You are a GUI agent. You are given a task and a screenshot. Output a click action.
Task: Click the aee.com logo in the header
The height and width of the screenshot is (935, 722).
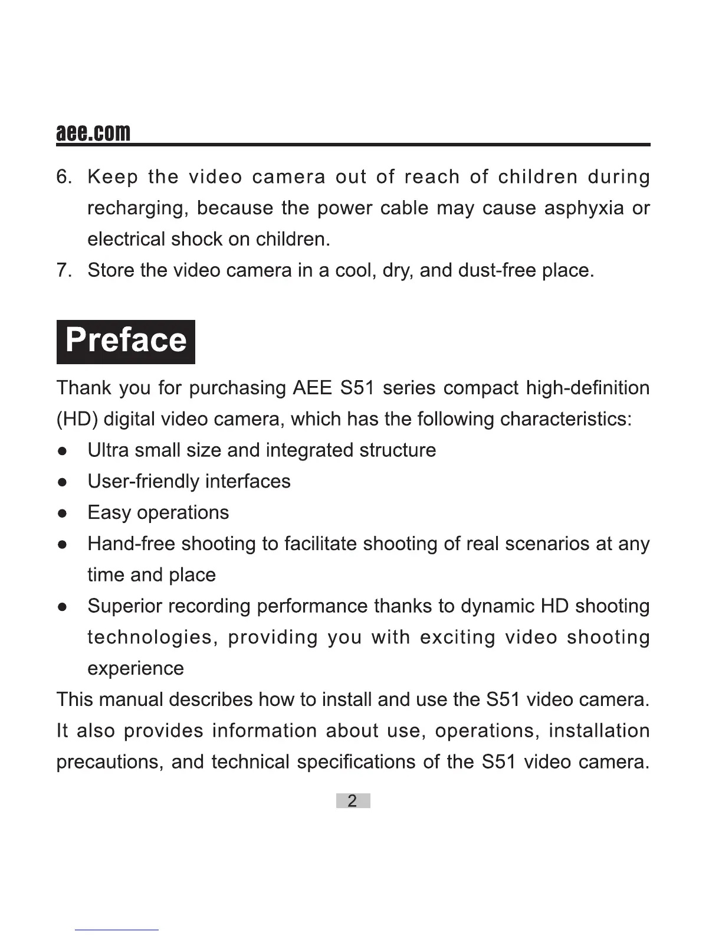click(x=93, y=132)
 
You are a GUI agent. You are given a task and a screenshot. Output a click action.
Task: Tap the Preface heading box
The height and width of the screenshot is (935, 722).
click(x=126, y=341)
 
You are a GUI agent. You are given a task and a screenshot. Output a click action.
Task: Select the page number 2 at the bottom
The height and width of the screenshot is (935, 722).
click(x=353, y=801)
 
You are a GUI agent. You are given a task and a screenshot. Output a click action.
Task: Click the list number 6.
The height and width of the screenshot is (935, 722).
click(x=64, y=177)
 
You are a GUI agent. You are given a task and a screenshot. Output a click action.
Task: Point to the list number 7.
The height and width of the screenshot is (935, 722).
click(x=64, y=270)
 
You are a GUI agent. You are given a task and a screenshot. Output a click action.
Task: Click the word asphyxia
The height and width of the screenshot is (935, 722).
click(x=584, y=208)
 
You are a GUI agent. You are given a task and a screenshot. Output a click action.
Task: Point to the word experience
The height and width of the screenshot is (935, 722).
click(x=136, y=669)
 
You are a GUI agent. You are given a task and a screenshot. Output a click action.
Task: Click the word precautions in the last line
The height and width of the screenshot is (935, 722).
click(x=109, y=762)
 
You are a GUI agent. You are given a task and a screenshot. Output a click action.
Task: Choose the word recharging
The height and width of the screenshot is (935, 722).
click(x=138, y=208)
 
